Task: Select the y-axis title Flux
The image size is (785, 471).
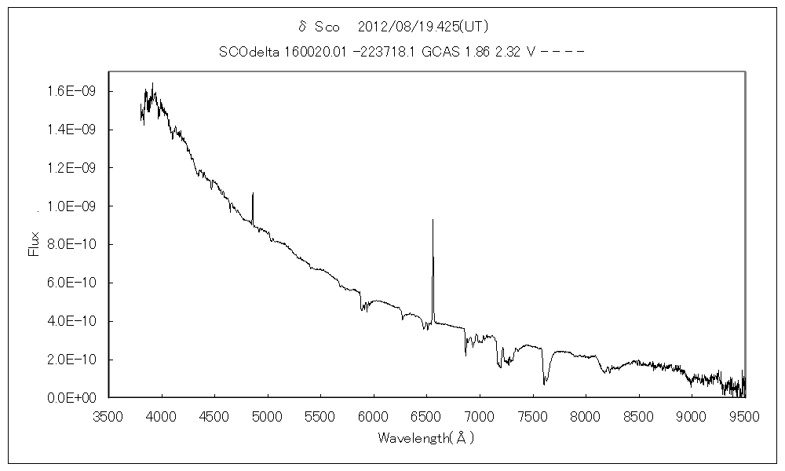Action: click(34, 243)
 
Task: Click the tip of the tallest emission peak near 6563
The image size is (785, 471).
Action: click(433, 220)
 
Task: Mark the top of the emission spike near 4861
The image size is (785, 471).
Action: click(253, 193)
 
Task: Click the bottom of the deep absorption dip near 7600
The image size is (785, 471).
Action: click(545, 384)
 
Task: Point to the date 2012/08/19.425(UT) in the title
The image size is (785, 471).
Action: click(423, 27)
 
